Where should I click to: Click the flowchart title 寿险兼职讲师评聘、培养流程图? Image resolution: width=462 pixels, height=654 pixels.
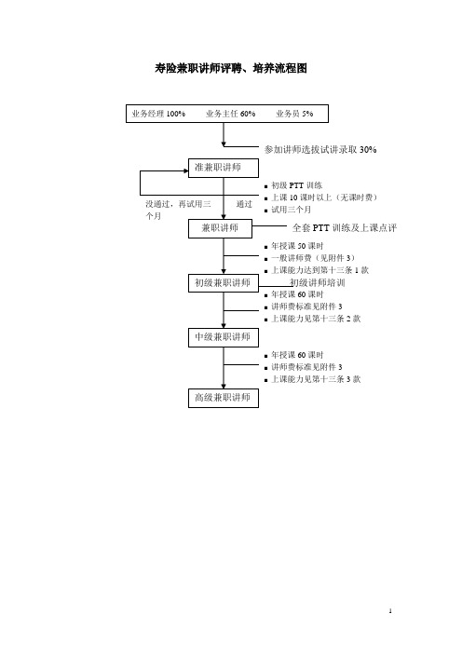(231, 68)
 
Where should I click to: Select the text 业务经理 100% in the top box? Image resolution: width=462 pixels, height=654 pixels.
(158, 114)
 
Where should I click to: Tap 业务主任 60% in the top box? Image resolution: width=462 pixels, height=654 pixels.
(231, 114)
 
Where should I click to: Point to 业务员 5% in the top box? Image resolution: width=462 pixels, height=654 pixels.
(294, 114)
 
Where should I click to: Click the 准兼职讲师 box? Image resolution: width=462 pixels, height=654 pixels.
(223, 168)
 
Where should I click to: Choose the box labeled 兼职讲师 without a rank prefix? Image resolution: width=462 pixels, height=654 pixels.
(220, 228)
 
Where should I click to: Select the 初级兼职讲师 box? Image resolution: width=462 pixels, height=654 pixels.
(223, 283)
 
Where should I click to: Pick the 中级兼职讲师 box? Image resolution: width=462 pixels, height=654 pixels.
(223, 337)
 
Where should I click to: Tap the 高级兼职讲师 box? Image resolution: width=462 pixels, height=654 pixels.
(223, 398)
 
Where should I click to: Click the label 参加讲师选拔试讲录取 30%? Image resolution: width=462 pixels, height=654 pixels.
(320, 149)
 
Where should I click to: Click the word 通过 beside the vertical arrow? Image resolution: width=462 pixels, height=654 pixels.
(244, 204)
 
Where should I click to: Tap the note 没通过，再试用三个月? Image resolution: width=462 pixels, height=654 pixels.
(178, 210)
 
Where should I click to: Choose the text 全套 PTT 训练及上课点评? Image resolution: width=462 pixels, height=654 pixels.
(345, 227)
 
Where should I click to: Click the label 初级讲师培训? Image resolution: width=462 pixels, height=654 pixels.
(318, 283)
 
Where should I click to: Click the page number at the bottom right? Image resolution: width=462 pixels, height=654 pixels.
(390, 611)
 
